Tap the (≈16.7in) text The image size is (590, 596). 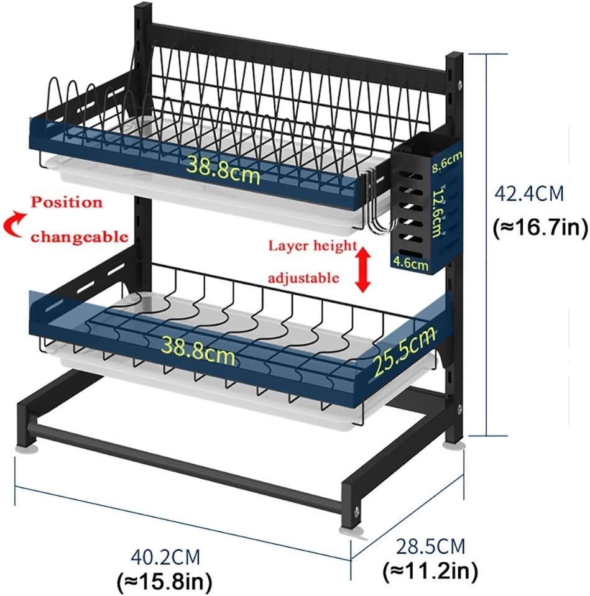pos(540,227)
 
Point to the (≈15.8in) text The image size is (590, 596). pos(165,582)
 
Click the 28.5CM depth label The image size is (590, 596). pos(431,546)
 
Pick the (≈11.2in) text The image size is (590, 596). pos(431,569)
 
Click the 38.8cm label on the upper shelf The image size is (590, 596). pos(223,168)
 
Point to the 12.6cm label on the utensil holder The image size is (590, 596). pos(440,213)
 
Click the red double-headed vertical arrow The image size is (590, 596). pos(364,268)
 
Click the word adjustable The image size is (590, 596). pos(303,277)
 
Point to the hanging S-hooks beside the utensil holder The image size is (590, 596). pos(375,208)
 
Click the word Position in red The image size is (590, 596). pos(67,203)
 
